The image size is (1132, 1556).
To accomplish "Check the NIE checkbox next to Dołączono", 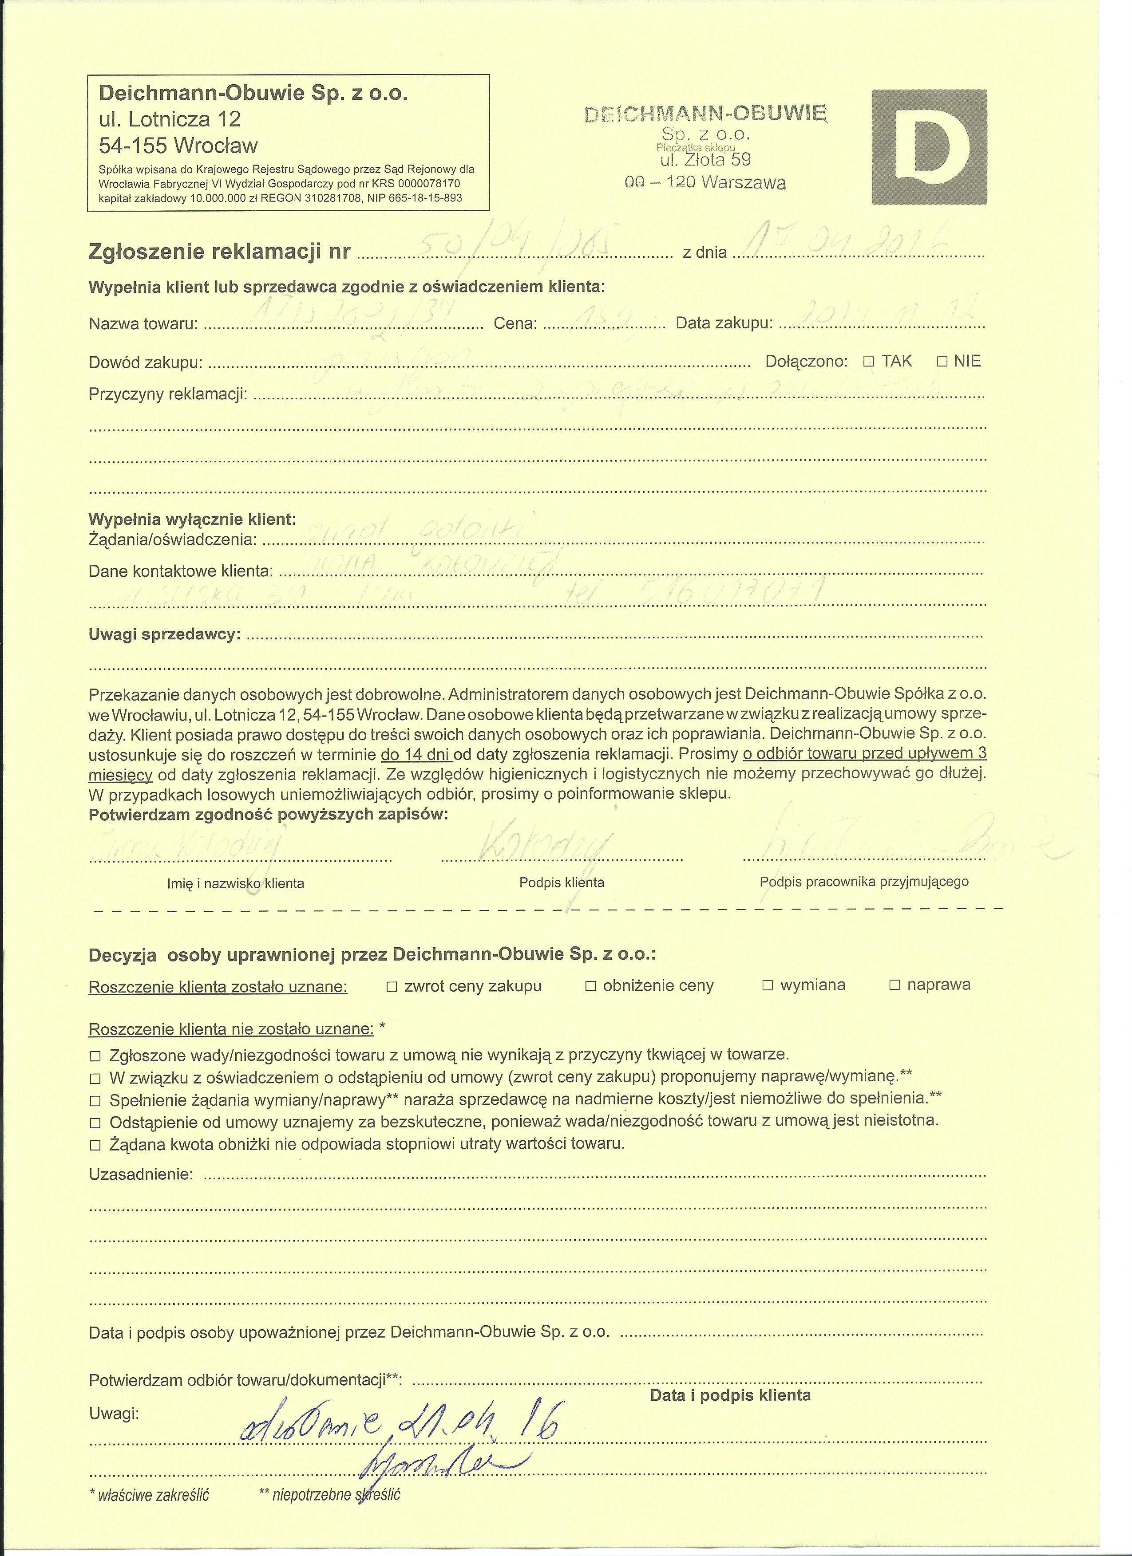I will click(942, 362).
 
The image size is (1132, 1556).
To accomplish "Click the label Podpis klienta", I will click(562, 883).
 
